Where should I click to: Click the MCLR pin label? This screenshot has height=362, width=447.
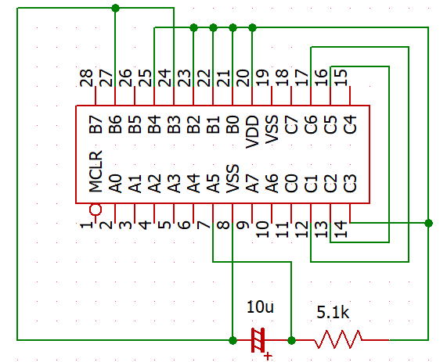click(96, 171)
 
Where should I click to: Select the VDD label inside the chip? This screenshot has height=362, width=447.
click(252, 132)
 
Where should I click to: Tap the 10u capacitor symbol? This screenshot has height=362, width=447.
click(258, 340)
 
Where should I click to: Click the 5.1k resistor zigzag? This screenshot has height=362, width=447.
click(338, 339)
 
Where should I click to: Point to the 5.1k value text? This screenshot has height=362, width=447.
click(333, 313)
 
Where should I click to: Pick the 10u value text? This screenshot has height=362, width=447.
click(260, 306)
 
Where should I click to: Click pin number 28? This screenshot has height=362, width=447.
click(86, 77)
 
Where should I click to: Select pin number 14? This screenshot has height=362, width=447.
click(341, 230)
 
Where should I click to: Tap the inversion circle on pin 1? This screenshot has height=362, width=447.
click(96, 210)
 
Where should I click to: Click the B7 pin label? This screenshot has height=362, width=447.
click(96, 124)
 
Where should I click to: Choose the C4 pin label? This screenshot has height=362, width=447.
click(350, 124)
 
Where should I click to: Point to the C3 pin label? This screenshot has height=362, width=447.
click(350, 184)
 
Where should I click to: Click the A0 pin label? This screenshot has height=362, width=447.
click(115, 184)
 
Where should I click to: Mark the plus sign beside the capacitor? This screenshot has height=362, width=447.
click(268, 356)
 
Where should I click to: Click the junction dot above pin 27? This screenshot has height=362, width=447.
click(115, 8)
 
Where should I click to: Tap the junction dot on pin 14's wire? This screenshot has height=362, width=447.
click(428, 223)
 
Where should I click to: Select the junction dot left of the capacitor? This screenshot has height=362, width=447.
click(233, 340)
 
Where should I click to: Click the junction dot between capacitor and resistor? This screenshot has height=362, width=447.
click(291, 340)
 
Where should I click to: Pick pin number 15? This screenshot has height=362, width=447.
click(341, 77)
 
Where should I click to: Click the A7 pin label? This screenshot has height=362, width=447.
click(252, 184)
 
